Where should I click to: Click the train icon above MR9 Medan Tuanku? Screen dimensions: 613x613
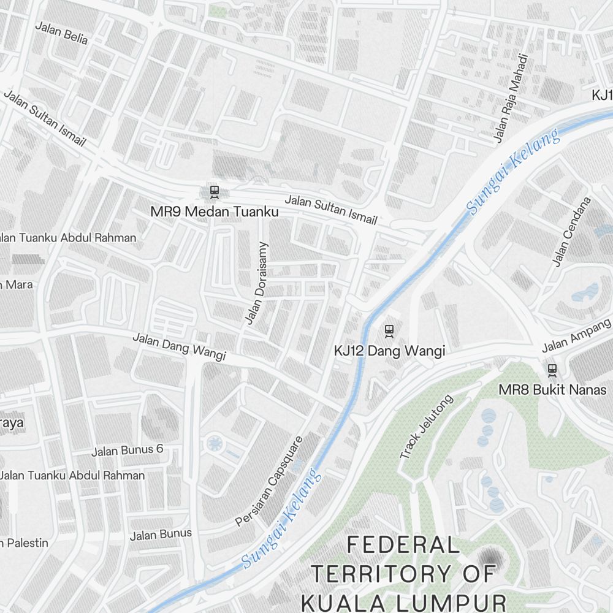214,192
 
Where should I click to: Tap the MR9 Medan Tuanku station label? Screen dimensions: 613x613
215,212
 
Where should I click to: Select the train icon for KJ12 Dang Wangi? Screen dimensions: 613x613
389,331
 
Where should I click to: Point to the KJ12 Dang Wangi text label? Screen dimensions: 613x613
389,351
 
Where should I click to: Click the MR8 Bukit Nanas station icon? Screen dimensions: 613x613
552,370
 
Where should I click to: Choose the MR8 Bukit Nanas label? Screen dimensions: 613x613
552,390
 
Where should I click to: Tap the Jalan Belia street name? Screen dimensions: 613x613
61,33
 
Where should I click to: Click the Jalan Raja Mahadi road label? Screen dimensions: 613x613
511,98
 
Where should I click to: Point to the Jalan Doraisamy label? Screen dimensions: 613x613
256,283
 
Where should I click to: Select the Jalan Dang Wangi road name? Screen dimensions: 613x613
179,346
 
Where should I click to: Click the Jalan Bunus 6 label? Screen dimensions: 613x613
128,451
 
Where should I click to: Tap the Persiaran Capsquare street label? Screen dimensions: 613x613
269,481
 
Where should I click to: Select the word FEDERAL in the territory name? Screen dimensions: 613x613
403,544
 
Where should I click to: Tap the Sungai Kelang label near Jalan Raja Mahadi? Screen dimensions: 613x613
513,171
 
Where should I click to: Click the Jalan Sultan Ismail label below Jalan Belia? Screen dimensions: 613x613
44,118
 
